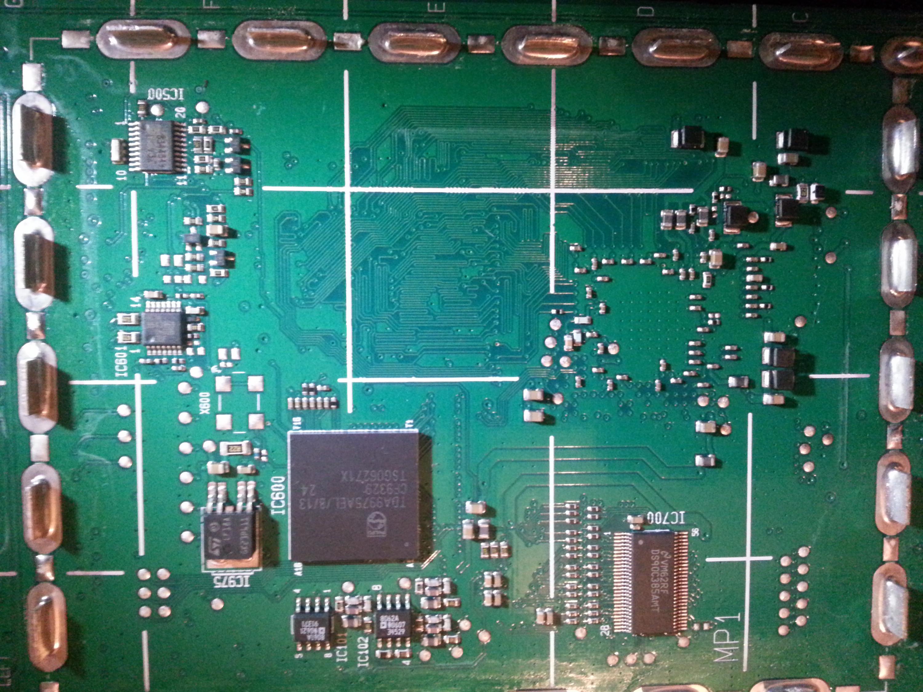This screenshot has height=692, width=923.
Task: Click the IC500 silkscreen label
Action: click(166, 94)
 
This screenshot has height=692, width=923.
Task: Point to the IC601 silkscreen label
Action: click(122, 362)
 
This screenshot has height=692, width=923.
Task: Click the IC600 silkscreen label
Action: click(279, 495)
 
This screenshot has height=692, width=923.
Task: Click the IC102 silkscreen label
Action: click(363, 650)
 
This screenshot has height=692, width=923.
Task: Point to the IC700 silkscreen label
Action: click(666, 519)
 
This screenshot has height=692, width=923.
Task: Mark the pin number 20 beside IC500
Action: click(180, 112)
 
